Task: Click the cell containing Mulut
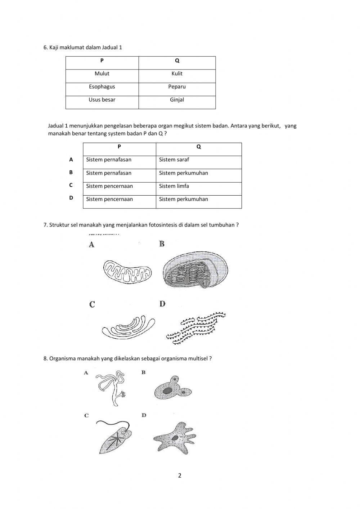pyautogui.click(x=102, y=74)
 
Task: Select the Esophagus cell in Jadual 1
pyautogui.click(x=102, y=87)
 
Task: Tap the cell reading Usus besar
pyautogui.click(x=102, y=100)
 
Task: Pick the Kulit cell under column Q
pyautogui.click(x=177, y=74)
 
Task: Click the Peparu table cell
pyautogui.click(x=177, y=87)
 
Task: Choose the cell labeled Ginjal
pyautogui.click(x=177, y=100)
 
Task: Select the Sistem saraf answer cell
pyautogui.click(x=198, y=160)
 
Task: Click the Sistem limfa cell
pyautogui.click(x=198, y=186)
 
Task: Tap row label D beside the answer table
pyautogui.click(x=71, y=198)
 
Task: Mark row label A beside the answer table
pyautogui.click(x=71, y=160)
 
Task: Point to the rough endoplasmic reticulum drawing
pyautogui.click(x=196, y=328)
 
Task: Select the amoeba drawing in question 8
pyautogui.click(x=175, y=438)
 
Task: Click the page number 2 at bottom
pyautogui.click(x=180, y=475)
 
